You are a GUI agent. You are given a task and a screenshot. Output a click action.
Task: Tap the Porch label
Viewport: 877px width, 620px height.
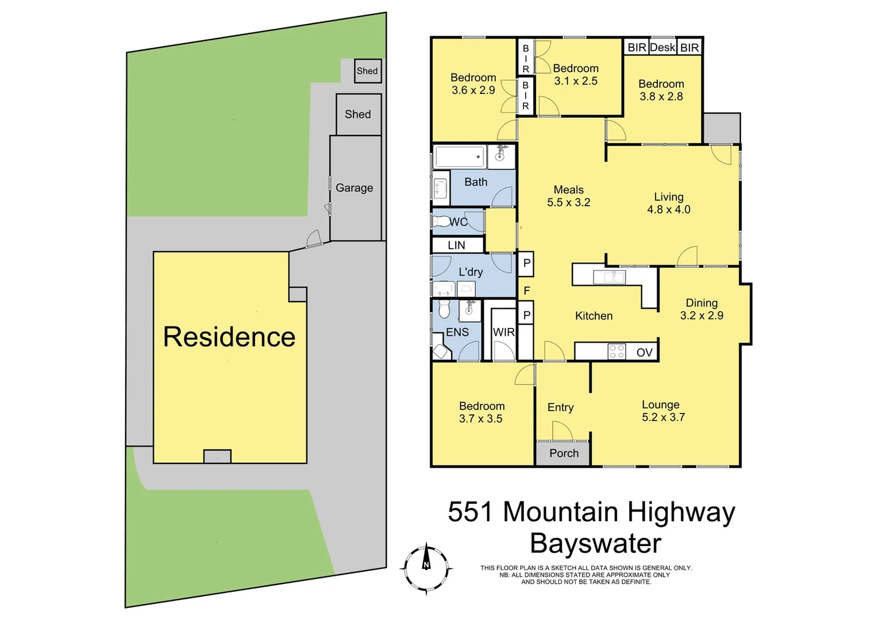pos(564,454)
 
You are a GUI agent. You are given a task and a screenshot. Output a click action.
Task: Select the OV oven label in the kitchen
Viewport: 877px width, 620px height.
pos(645,352)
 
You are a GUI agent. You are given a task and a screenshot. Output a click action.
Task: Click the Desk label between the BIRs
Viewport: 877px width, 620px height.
pos(662,48)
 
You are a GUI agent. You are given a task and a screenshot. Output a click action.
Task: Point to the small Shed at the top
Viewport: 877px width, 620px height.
pos(367,71)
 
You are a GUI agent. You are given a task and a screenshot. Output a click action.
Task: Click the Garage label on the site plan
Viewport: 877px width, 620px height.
pos(354,188)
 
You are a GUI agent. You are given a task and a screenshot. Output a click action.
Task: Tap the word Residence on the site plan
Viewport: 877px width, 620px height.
pos(229,336)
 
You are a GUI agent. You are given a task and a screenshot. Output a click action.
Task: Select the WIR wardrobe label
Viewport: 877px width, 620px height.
pos(504,332)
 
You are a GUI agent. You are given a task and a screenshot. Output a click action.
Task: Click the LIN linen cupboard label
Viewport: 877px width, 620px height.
pos(456,245)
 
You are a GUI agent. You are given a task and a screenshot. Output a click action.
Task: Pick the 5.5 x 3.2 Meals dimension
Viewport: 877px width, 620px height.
pos(568,203)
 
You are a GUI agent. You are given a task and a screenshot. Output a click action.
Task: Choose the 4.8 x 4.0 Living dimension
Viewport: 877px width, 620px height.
pos(669,210)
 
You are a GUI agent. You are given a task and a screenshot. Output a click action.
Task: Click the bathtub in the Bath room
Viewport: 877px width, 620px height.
pos(460,157)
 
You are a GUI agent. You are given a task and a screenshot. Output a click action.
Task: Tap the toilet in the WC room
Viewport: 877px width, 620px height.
pos(441,221)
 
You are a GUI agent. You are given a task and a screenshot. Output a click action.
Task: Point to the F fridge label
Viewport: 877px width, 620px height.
pos(527,291)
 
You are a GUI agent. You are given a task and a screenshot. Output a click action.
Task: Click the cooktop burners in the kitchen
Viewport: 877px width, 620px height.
pos(616,351)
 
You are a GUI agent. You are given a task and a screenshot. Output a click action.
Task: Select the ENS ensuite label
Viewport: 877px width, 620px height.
pos(457,332)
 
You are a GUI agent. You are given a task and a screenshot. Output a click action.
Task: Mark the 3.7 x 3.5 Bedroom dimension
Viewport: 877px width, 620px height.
pos(480,419)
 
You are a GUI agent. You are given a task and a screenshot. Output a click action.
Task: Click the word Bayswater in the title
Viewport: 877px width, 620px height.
pos(595,543)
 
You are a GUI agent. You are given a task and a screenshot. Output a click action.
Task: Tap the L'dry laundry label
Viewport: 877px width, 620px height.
pos(471,272)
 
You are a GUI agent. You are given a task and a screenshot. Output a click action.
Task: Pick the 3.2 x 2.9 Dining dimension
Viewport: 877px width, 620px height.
pos(701,315)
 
